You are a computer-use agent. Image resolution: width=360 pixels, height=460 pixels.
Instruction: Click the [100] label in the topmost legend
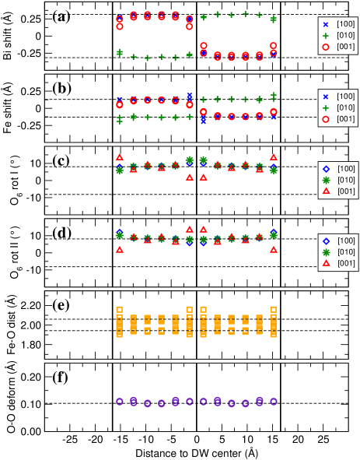click(x=346, y=24)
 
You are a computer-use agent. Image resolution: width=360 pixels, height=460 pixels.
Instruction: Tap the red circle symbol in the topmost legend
click(x=326, y=47)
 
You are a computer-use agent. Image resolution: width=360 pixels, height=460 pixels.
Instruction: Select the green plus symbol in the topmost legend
click(x=326, y=35)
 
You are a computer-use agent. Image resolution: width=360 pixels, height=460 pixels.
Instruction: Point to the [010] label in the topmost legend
click(x=346, y=35)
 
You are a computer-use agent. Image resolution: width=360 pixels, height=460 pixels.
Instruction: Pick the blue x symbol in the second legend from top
click(x=326, y=97)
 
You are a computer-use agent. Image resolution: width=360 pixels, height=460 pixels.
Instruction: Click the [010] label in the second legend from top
click(x=346, y=107)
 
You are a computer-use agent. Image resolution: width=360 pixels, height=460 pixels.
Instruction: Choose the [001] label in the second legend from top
click(x=346, y=119)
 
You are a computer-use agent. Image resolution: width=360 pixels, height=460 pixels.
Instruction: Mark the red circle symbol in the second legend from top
click(x=326, y=119)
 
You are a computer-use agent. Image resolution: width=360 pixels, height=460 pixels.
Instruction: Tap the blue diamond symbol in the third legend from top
click(x=326, y=169)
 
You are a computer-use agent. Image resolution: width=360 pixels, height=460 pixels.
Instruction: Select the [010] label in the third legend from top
click(x=346, y=180)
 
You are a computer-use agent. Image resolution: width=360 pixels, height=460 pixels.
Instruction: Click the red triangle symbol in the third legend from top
click(x=326, y=191)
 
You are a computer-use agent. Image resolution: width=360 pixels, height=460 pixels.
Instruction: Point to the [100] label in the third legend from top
click(x=346, y=169)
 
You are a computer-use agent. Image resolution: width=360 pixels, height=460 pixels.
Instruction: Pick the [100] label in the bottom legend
click(x=346, y=241)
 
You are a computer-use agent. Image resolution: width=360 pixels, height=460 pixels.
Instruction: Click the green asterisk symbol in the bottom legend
click(x=326, y=252)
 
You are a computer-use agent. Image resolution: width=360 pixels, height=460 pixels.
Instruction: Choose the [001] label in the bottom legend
click(x=346, y=264)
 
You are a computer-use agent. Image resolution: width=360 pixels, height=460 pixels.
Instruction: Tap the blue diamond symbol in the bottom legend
click(x=326, y=241)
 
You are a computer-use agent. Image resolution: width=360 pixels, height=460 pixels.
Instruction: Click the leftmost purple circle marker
click(x=120, y=402)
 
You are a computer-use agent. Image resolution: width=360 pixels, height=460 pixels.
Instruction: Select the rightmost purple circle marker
click(x=274, y=402)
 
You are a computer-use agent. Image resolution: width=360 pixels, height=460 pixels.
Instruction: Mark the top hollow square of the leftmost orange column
click(x=120, y=310)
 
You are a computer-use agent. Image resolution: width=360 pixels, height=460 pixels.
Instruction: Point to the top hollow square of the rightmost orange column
click(x=274, y=310)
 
